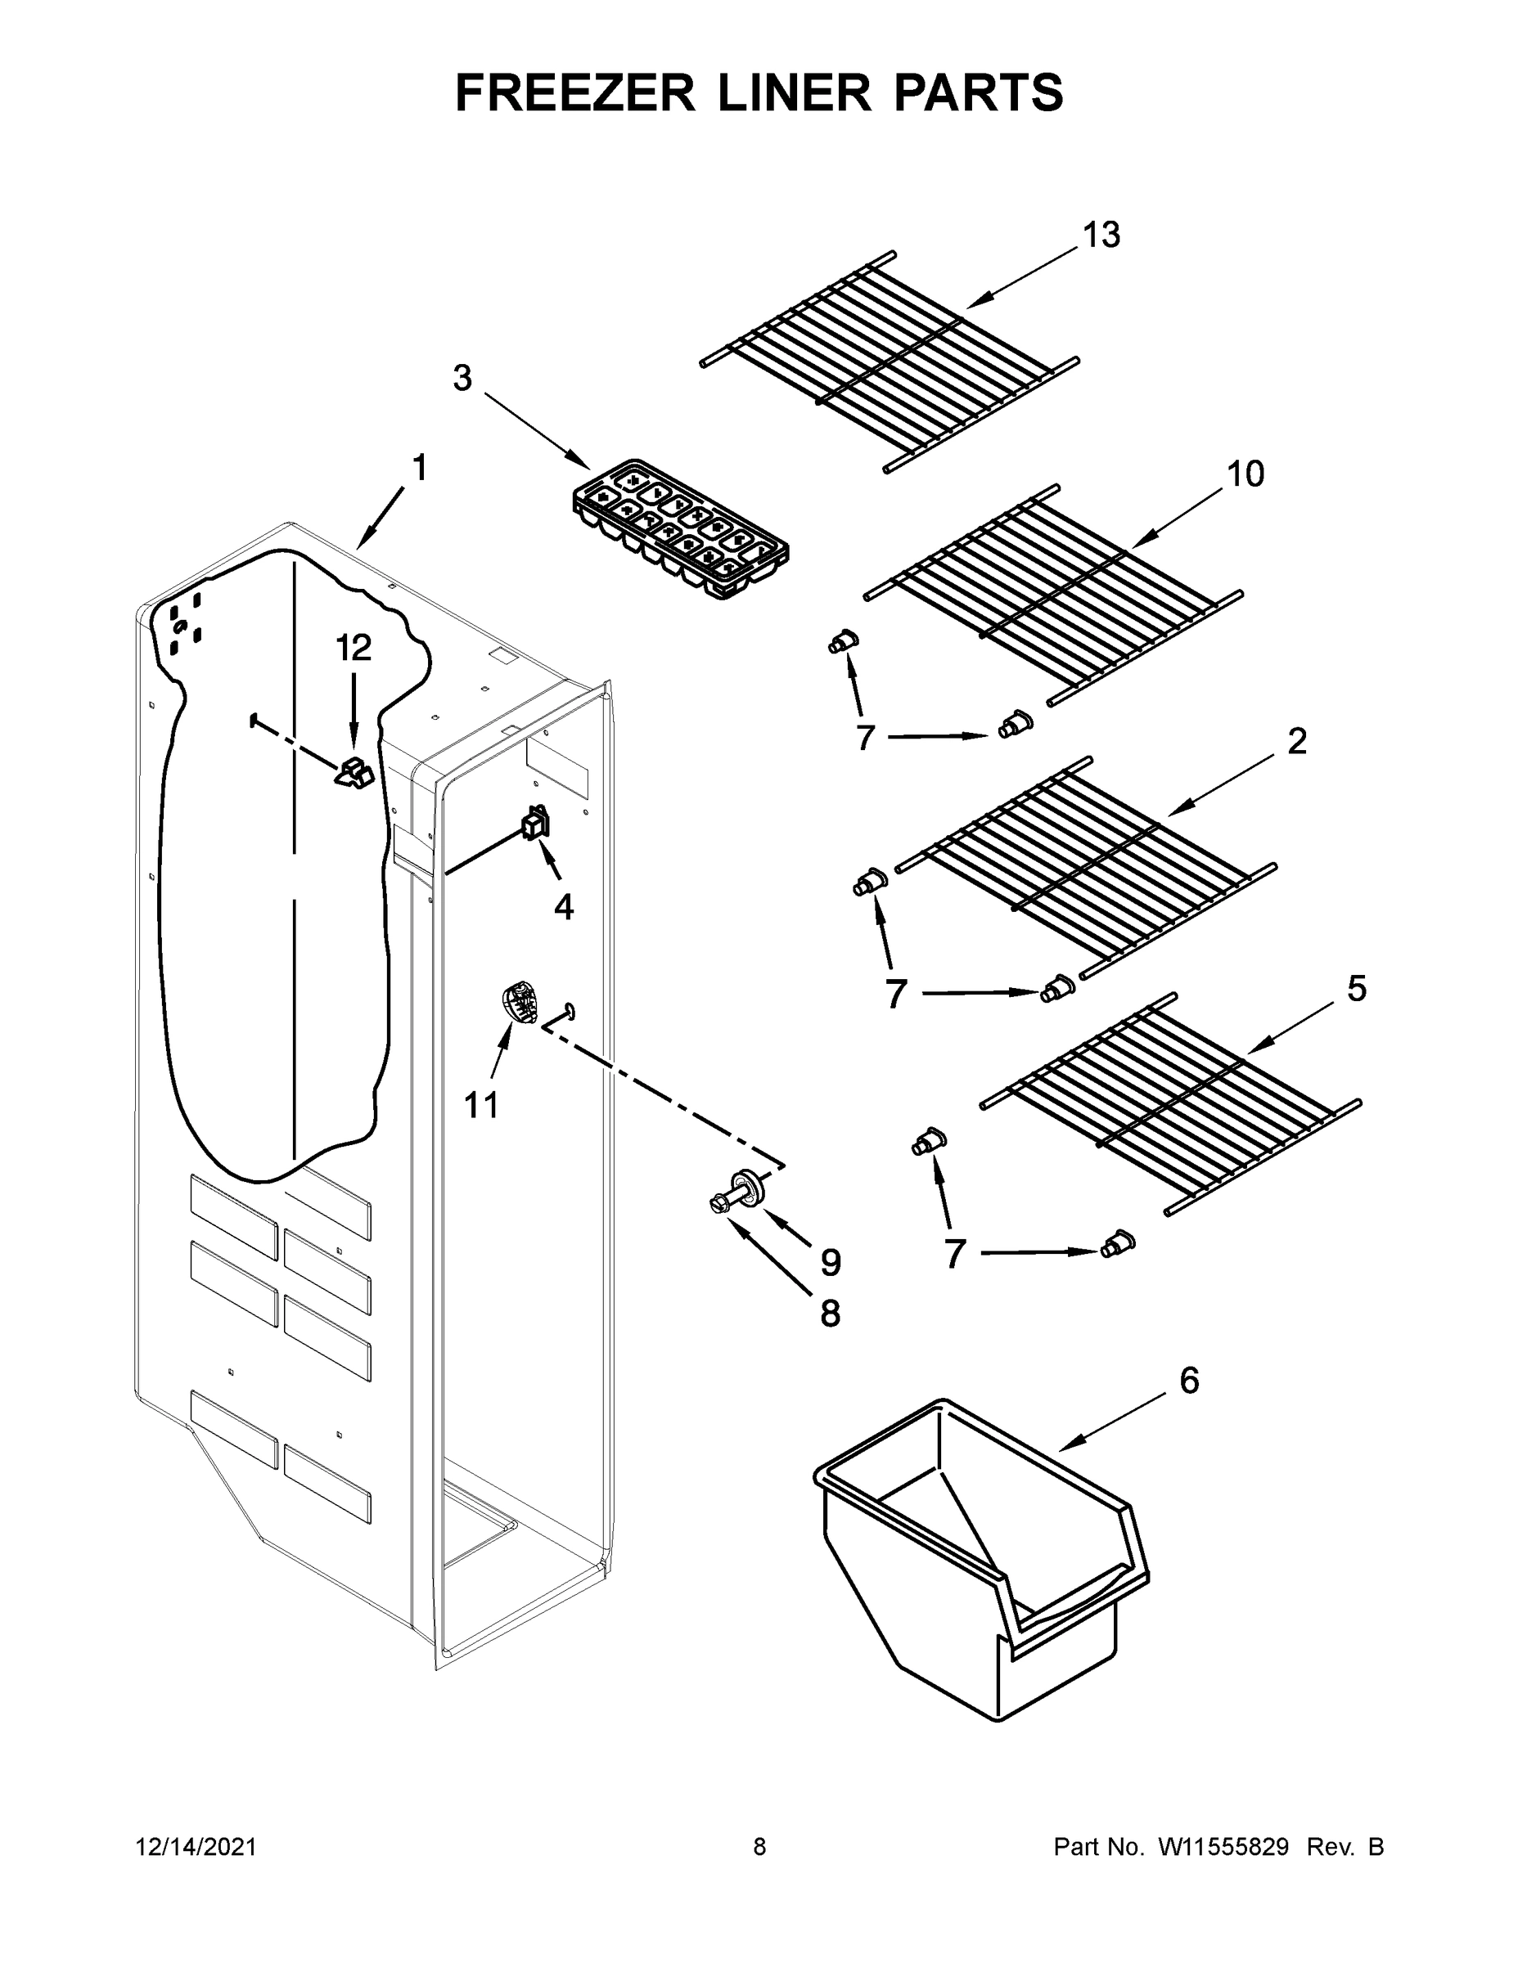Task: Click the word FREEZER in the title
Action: (575, 92)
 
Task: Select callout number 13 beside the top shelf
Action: (1101, 236)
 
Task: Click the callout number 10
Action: (1245, 474)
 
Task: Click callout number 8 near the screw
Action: (829, 1314)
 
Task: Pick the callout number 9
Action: (830, 1263)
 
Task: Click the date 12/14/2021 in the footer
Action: (196, 1846)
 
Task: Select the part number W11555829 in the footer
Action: (1223, 1846)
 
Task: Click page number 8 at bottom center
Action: (759, 1846)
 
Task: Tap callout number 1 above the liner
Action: (419, 469)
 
